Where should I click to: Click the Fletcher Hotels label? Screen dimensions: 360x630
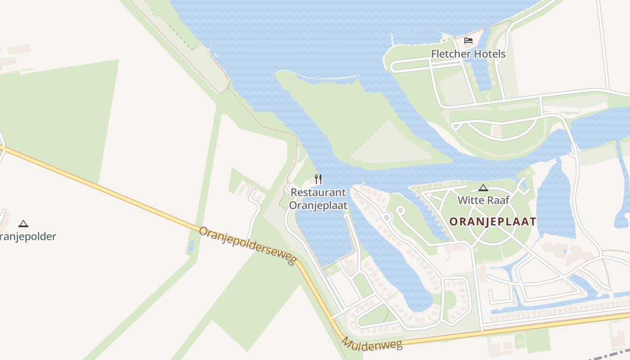[468, 54]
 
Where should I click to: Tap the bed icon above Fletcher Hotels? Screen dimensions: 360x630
[468, 40]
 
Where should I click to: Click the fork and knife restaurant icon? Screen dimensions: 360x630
[318, 179]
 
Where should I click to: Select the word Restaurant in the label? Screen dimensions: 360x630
[318, 193]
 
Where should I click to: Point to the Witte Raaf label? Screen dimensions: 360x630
[483, 200]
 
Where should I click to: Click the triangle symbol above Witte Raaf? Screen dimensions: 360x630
[483, 188]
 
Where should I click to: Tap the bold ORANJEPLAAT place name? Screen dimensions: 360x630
[493, 221]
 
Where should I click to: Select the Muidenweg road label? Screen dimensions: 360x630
[372, 344]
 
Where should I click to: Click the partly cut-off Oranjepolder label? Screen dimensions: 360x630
[28, 236]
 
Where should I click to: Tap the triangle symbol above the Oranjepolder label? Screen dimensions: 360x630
[23, 224]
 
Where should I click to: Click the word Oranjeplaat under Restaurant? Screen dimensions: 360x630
[318, 205]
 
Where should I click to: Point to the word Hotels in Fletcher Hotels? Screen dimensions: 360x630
[489, 54]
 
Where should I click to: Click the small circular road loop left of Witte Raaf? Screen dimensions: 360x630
[400, 210]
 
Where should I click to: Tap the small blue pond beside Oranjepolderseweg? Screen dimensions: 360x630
[191, 246]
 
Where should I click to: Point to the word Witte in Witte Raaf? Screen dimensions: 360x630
[470, 200]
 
